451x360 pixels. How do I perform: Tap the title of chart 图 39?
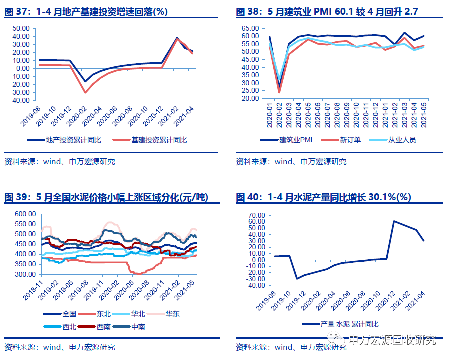(x=106, y=197)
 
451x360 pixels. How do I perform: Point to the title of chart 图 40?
(x=323, y=197)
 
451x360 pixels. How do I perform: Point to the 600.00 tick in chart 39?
(x=26, y=213)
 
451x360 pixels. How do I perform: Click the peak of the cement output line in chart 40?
(x=394, y=221)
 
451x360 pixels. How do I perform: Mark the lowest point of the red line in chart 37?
(x=85, y=92)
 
